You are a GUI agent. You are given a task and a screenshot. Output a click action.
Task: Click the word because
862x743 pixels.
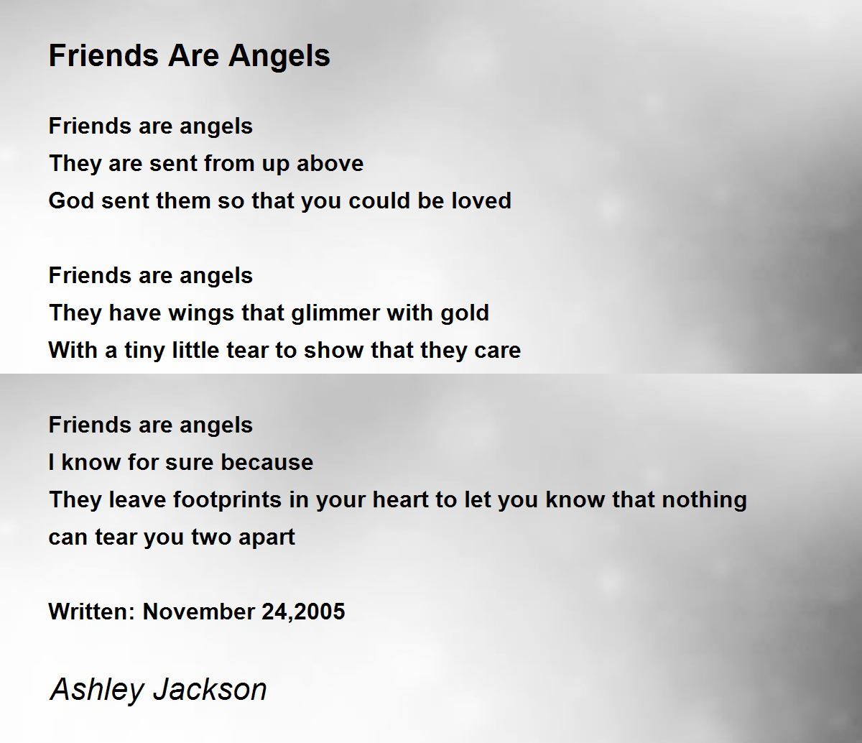coord(267,462)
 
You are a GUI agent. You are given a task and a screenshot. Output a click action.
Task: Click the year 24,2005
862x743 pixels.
coord(303,612)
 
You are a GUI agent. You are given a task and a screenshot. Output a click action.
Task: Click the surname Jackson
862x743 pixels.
coord(209,690)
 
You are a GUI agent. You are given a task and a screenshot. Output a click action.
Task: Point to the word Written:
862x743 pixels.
coord(92,612)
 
